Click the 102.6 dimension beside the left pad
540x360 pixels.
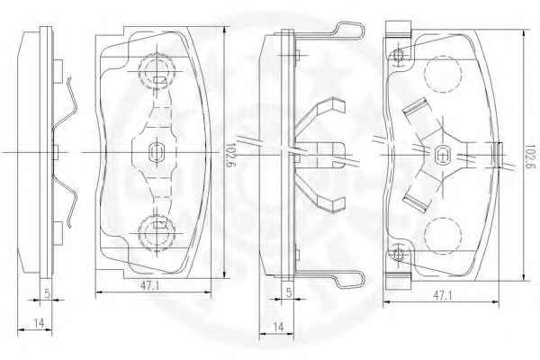tap(229, 156)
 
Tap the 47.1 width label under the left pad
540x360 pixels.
tap(149, 285)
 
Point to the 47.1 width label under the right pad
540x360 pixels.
tap(443, 295)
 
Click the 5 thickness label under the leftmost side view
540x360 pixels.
tap(48, 293)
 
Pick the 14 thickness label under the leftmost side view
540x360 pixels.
tap(39, 323)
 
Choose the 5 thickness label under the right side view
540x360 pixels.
tap(289, 292)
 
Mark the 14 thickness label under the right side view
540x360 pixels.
tap(278, 327)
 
